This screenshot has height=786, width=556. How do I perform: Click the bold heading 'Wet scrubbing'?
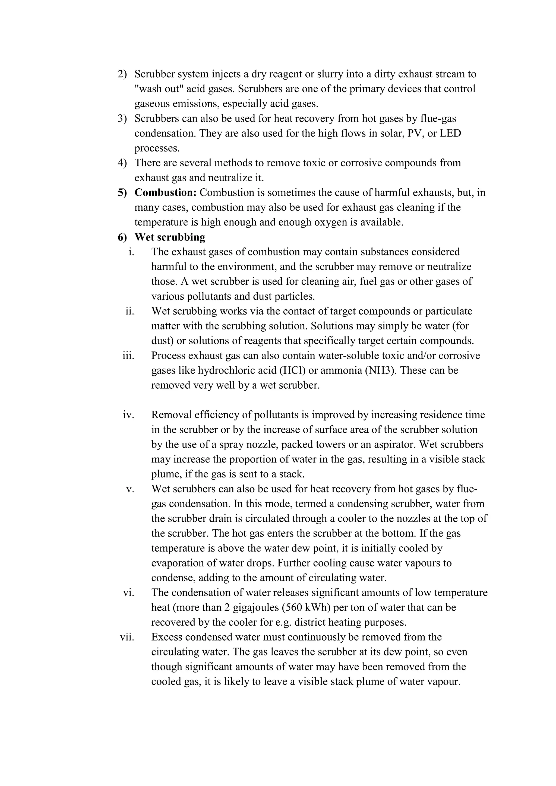[x=170, y=237]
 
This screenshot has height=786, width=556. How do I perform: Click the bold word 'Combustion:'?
[x=165, y=192]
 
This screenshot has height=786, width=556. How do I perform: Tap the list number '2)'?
[x=122, y=74]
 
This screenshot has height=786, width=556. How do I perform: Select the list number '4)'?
[x=122, y=163]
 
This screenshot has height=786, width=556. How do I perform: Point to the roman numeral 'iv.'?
[x=128, y=415]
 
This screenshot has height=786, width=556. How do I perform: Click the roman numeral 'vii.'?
[x=127, y=637]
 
